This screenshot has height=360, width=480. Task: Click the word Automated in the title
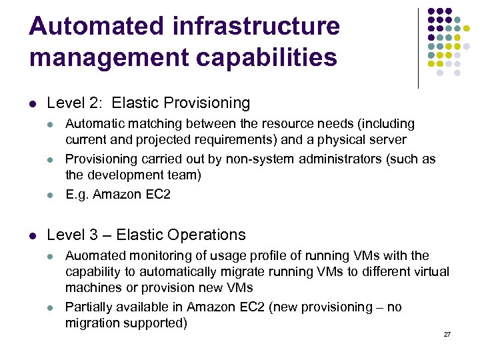[97, 27]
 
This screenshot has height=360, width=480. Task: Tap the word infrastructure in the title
[255, 27]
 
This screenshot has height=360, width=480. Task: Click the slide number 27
[447, 334]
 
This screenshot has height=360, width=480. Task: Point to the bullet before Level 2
[33, 104]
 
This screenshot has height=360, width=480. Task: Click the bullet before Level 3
[33, 235]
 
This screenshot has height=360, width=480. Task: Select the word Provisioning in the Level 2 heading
[207, 103]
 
